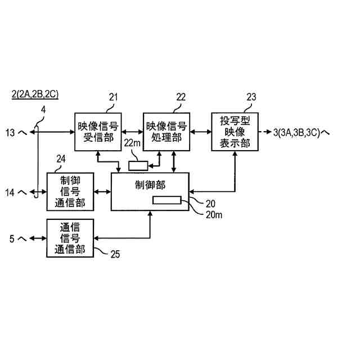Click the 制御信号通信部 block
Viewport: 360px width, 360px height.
point(70,192)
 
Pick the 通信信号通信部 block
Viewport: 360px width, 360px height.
point(70,238)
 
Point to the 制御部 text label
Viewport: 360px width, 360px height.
point(151,184)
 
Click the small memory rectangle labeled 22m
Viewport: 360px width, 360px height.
point(138,165)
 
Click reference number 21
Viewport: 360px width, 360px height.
point(113,97)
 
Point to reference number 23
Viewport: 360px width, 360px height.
point(251,97)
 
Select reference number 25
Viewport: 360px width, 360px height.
point(114,254)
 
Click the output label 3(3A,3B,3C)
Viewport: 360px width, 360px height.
point(298,133)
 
